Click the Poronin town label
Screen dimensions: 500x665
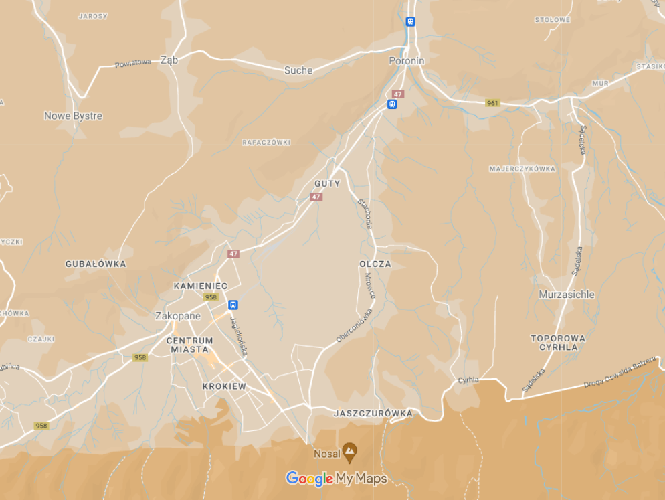point(407,60)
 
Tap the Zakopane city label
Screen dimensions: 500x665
point(177,316)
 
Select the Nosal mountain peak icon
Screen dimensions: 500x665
point(349,452)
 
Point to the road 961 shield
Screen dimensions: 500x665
point(492,103)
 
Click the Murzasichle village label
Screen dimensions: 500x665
point(567,294)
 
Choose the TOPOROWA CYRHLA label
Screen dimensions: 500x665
point(558,343)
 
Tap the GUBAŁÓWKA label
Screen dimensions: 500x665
point(96,264)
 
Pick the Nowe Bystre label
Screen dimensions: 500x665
point(73,116)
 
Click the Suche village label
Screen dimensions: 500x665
point(298,70)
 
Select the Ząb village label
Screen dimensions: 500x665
point(169,60)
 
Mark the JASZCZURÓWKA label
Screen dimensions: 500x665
point(373,414)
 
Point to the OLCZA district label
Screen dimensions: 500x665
point(375,264)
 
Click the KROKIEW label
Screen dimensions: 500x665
point(224,386)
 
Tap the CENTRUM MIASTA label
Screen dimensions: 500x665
point(190,345)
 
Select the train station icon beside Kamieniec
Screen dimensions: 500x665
point(233,305)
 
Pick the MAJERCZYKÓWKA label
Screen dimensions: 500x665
point(522,169)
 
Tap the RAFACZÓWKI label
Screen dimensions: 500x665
point(266,143)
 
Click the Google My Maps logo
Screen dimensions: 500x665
point(337,479)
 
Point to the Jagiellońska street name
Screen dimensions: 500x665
point(239,335)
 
